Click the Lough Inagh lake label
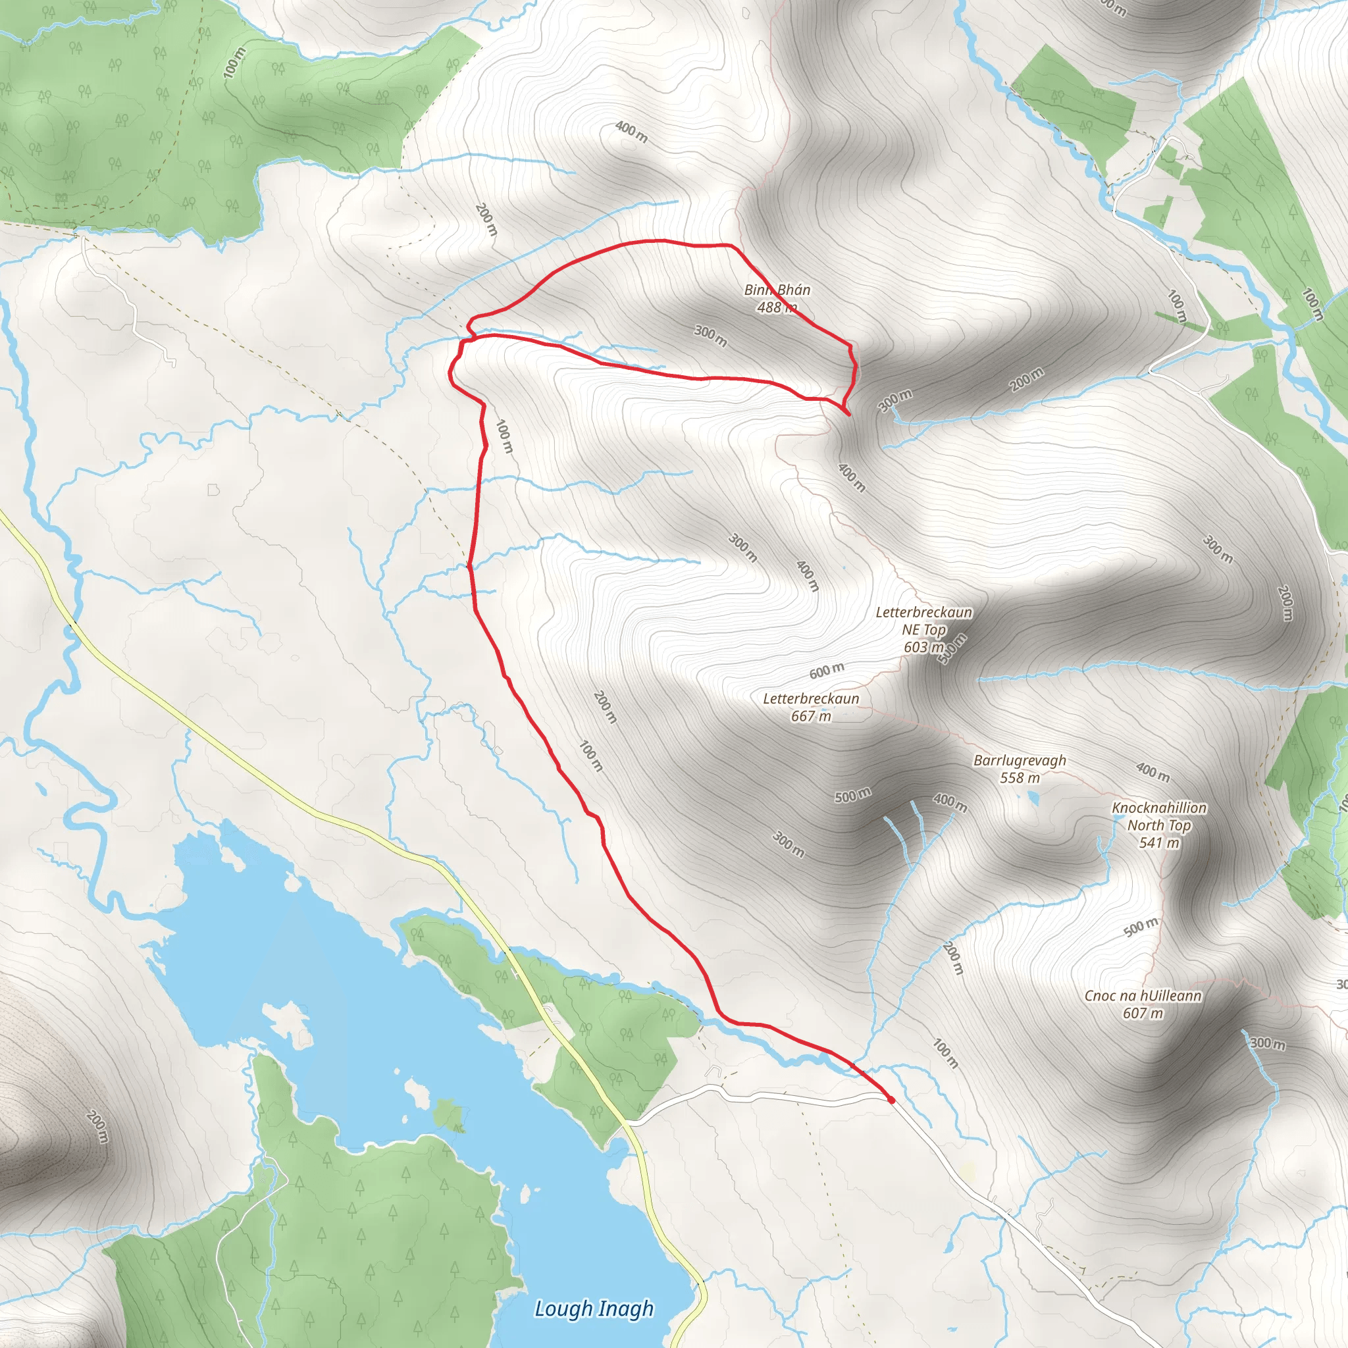(x=594, y=1309)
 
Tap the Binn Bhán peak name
(x=777, y=290)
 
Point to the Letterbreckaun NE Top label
(x=923, y=621)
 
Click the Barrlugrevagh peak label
(x=1020, y=760)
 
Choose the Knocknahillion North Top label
(x=1159, y=816)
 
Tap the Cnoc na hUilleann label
(x=1142, y=997)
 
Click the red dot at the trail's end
(x=891, y=1101)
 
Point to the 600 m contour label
(x=827, y=671)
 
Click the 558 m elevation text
(x=1020, y=778)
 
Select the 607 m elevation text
(x=1143, y=1014)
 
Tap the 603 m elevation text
(x=923, y=648)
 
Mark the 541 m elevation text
(x=1159, y=843)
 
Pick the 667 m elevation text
(x=811, y=717)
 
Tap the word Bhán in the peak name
(x=794, y=290)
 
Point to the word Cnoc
(x=1099, y=997)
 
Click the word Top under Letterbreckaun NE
(x=934, y=630)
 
